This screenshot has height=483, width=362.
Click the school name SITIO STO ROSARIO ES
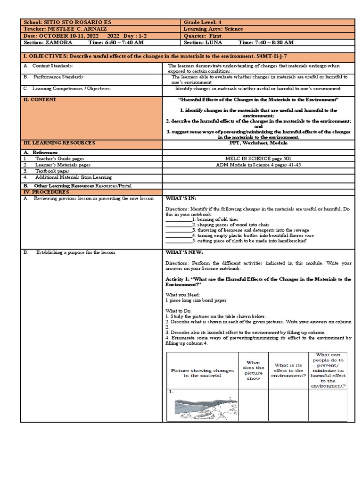[x=77, y=22]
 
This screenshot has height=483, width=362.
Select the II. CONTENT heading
[x=40, y=100]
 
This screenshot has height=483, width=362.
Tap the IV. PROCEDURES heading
[x=46, y=192]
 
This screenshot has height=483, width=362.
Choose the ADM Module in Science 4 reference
[x=259, y=165]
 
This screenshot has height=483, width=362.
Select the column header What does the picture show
[x=253, y=370]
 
